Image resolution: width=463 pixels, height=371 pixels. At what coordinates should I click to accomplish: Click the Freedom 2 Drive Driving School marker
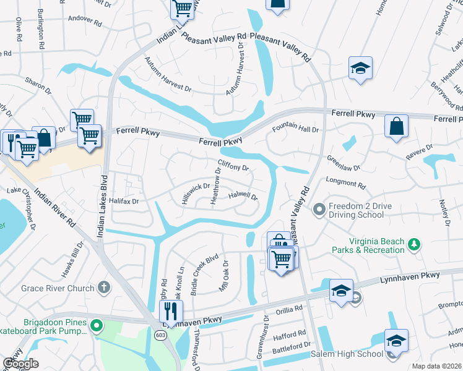(319, 210)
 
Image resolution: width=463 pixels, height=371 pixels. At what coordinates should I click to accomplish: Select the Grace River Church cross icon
(104, 288)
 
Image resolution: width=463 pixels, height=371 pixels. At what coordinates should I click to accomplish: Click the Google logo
(20, 364)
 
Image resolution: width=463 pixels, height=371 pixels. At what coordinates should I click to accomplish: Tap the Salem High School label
(352, 354)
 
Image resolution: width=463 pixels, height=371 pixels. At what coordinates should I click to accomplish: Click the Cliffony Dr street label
(233, 168)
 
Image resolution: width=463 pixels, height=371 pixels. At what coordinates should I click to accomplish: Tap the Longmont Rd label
(346, 184)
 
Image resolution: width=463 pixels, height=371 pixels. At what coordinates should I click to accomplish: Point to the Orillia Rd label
(289, 308)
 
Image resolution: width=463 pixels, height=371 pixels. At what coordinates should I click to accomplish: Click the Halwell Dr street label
(243, 196)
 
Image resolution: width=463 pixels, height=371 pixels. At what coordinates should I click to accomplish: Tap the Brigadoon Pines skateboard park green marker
(96, 325)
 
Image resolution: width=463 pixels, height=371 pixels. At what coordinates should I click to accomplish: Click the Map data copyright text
(436, 366)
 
